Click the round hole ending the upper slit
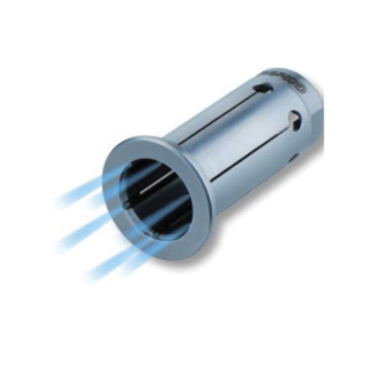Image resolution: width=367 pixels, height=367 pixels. click(x=263, y=89)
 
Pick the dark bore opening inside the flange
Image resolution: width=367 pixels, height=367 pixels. click(x=158, y=197)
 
